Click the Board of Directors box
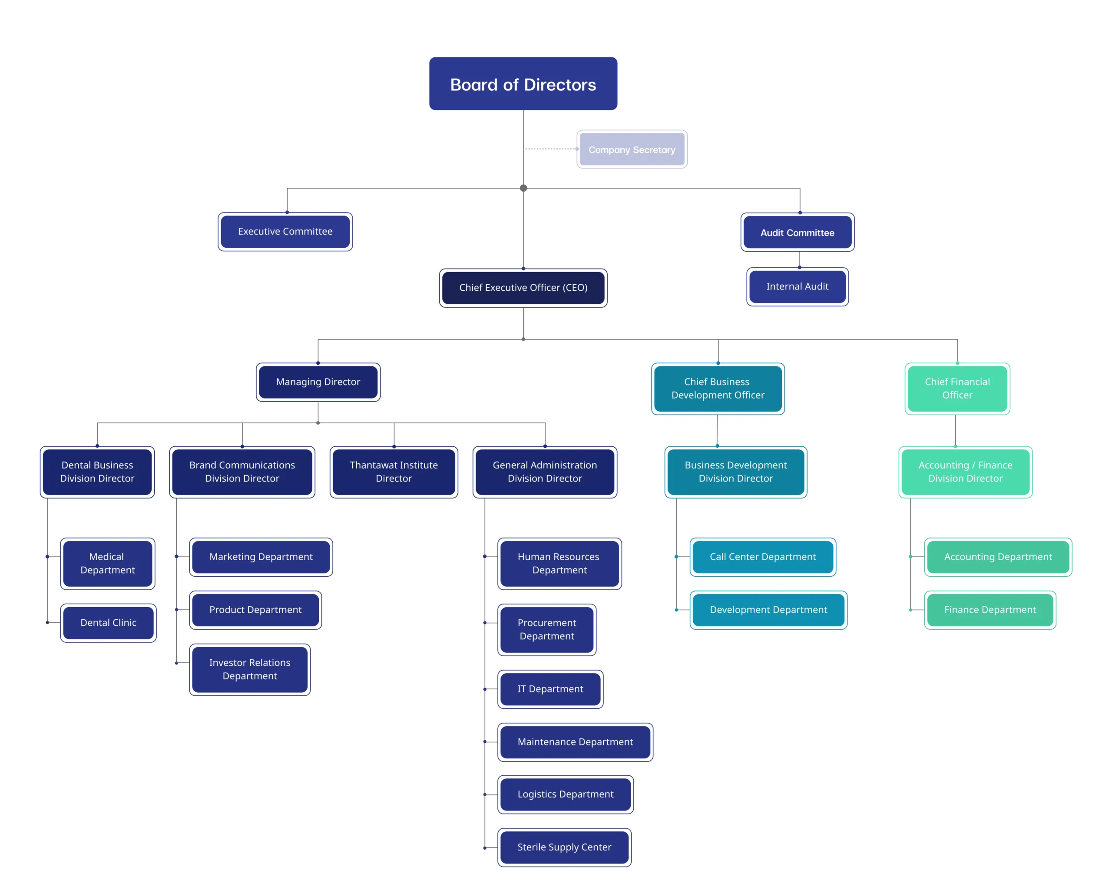(523, 83)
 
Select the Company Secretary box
(632, 149)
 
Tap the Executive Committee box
(285, 232)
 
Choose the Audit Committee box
(798, 233)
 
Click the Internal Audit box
(798, 286)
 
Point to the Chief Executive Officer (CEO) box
(523, 287)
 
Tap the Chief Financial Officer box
(957, 389)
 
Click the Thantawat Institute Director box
(394, 472)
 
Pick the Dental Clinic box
(108, 623)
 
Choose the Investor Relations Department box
(250, 669)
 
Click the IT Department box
(550, 689)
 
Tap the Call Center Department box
(763, 557)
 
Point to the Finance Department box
(990, 610)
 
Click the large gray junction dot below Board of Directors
(523, 188)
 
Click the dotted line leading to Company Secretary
(551, 149)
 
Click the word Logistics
(536, 794)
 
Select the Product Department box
(255, 610)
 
